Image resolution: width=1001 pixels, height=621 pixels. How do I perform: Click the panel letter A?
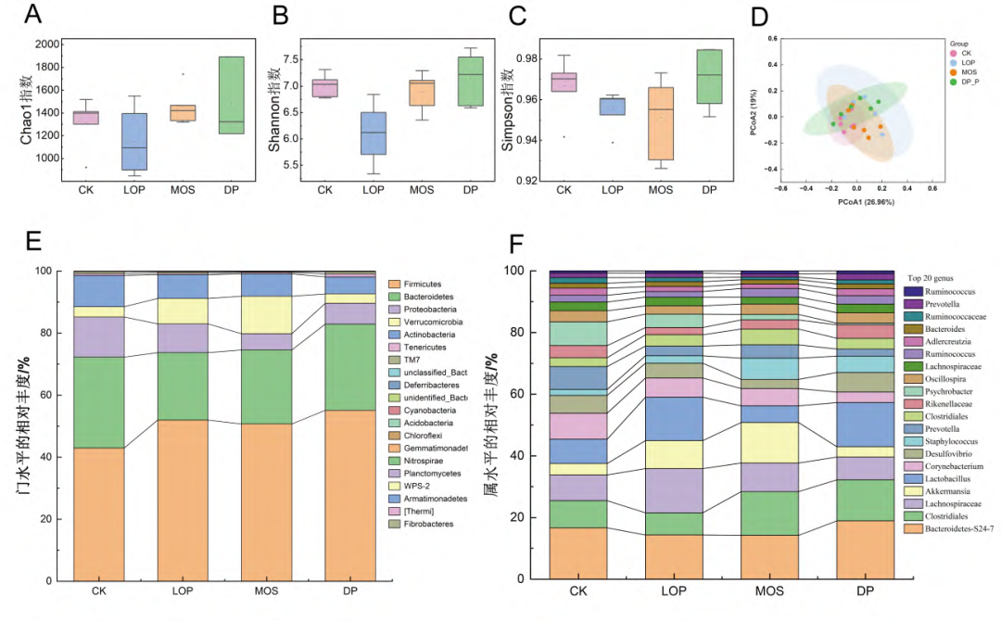click(x=32, y=16)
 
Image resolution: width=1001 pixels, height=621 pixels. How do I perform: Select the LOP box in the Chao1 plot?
click(x=134, y=141)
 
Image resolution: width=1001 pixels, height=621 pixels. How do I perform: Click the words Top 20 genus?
click(x=939, y=278)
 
